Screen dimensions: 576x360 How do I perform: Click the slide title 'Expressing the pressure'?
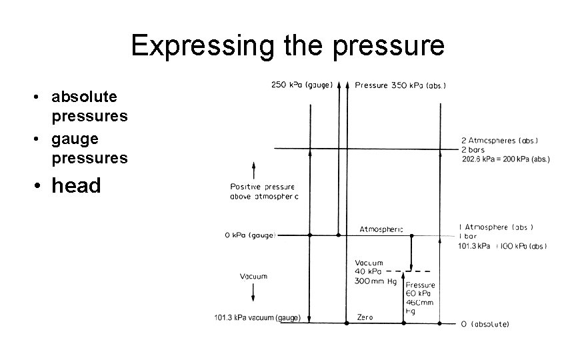(287, 45)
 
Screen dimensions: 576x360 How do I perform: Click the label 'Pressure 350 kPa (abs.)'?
(401, 85)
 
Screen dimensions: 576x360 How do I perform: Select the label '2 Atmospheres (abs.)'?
(499, 141)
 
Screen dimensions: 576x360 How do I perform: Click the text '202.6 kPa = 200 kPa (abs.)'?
(505, 159)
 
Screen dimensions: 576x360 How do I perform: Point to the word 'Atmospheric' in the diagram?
(381, 229)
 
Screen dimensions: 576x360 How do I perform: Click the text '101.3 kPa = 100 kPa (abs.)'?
(503, 246)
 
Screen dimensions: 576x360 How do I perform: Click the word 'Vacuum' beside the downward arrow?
(253, 276)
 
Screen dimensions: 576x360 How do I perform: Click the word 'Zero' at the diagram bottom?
(365, 317)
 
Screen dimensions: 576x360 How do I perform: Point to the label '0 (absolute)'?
(485, 324)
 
